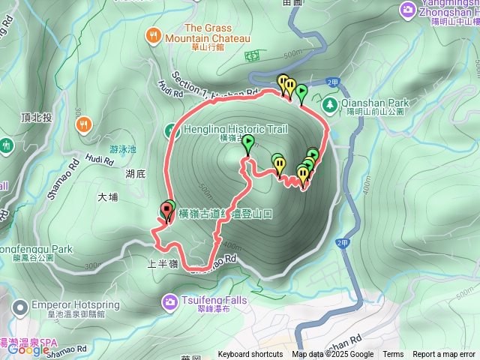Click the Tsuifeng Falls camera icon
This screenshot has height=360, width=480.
click(x=169, y=301)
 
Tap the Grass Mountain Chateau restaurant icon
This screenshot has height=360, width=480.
click(x=154, y=35)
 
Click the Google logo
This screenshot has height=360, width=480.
click(x=28, y=349)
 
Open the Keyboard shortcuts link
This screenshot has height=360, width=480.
click(x=250, y=355)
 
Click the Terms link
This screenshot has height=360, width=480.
click(x=393, y=355)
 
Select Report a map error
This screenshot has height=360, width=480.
click(x=444, y=355)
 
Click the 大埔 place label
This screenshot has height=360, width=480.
click(x=108, y=197)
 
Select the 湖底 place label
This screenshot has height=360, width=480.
click(x=135, y=174)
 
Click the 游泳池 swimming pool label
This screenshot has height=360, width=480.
click(x=122, y=148)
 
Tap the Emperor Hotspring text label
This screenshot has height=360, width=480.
click(x=70, y=305)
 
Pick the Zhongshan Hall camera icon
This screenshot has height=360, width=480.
click(x=408, y=10)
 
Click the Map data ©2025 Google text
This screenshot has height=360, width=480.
click(x=333, y=355)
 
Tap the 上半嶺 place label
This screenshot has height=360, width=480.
click(x=163, y=264)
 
